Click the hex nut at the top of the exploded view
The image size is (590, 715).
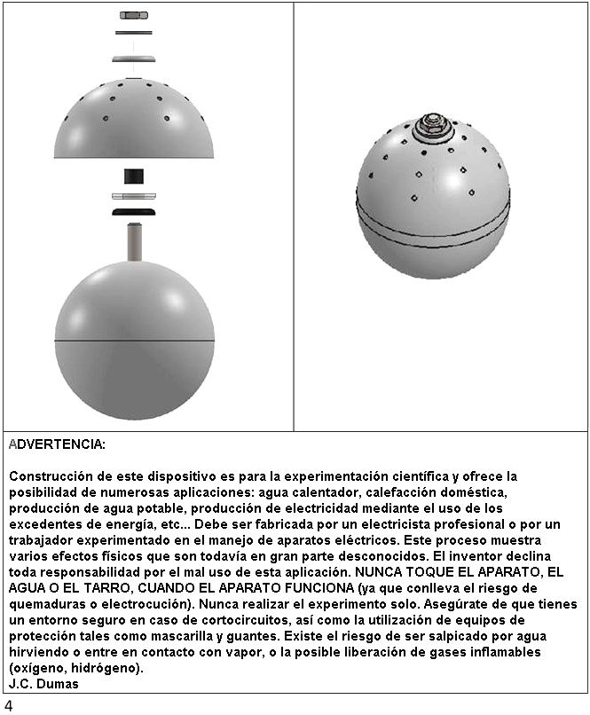click(133, 15)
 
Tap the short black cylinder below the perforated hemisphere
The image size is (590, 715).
click(134, 176)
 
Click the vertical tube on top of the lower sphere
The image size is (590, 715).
click(134, 241)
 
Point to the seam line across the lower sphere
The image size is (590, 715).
click(134, 341)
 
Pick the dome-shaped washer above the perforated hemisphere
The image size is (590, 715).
click(133, 59)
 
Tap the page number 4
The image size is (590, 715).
click(8, 705)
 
